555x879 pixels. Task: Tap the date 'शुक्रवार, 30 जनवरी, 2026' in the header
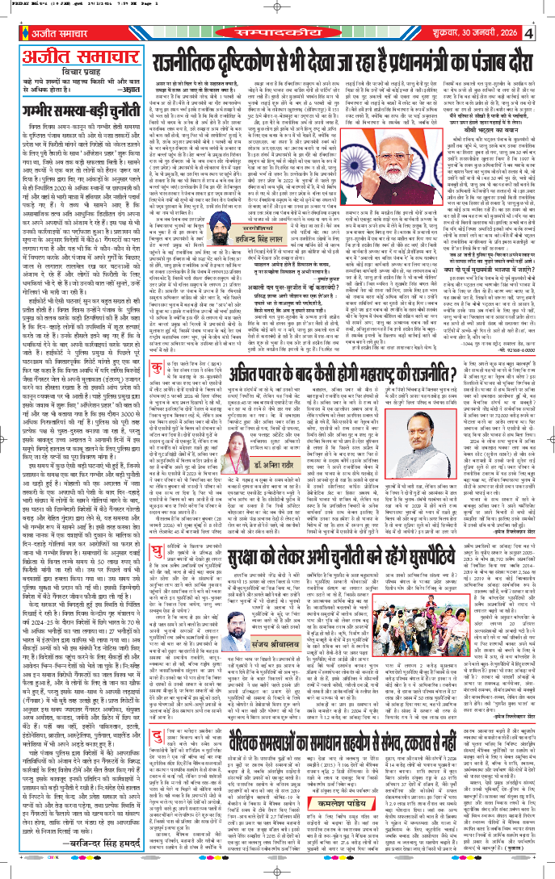(476, 35)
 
